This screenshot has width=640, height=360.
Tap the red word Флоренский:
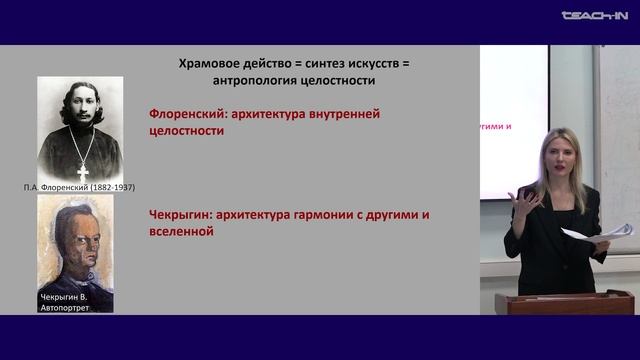point(189,114)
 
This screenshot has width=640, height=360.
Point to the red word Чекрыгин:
point(184,214)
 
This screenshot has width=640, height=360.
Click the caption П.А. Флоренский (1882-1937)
point(81,187)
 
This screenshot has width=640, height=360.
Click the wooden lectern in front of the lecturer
point(565,303)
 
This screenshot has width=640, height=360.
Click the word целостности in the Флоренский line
point(186,131)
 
